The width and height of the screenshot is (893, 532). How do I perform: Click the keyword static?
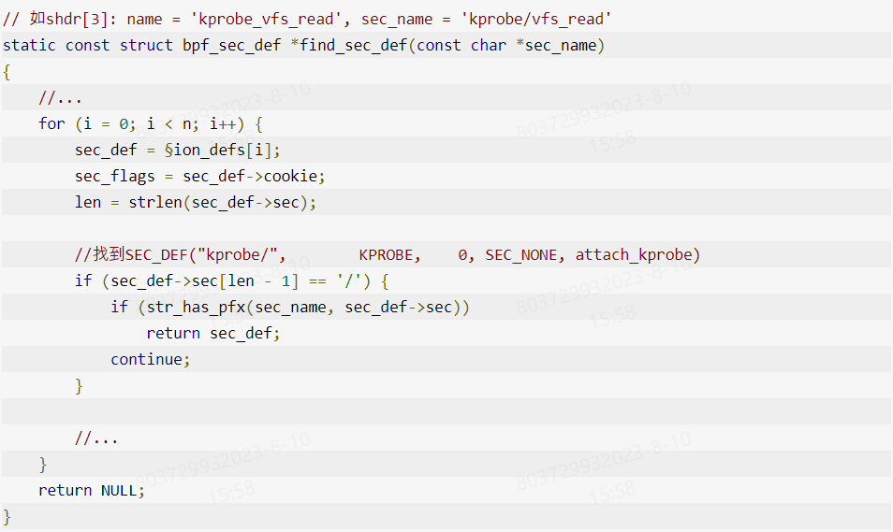(29, 45)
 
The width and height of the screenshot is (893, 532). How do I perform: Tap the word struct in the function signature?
(146, 45)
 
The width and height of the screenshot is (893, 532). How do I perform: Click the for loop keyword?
(51, 123)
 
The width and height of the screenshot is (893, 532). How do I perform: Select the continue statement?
(146, 359)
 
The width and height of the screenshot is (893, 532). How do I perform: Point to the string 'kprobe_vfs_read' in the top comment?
(267, 19)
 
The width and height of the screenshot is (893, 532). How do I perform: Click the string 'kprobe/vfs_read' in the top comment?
(536, 19)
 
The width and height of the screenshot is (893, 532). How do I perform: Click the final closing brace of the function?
(7, 516)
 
